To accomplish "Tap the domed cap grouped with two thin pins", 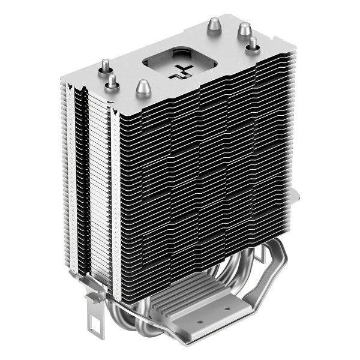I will tap(142, 89).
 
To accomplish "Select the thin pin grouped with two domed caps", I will tap(253, 43).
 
